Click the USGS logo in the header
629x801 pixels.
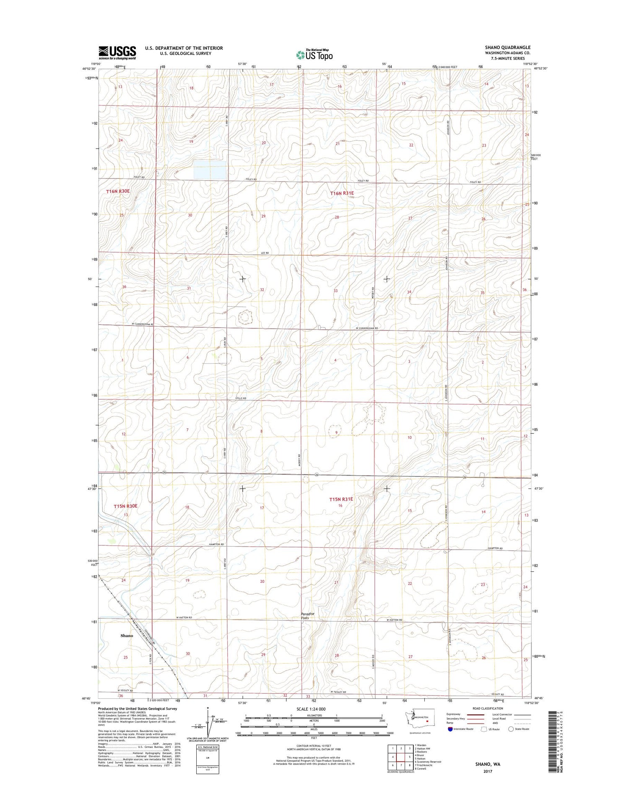tap(117, 52)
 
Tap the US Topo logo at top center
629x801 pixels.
tap(314, 54)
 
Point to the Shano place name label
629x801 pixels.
tap(127, 636)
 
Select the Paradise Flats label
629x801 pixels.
tap(307, 616)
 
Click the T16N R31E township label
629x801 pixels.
tap(342, 194)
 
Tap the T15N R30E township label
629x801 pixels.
tap(126, 506)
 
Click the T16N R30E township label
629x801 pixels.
tap(118, 191)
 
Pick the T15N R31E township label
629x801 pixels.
tap(341, 499)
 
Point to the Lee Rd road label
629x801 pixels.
tap(264, 253)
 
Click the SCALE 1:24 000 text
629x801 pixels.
tap(314, 709)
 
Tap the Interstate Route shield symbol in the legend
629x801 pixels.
tap(450, 729)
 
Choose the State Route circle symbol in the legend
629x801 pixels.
tap(511, 729)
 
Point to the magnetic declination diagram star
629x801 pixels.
tap(208, 708)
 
